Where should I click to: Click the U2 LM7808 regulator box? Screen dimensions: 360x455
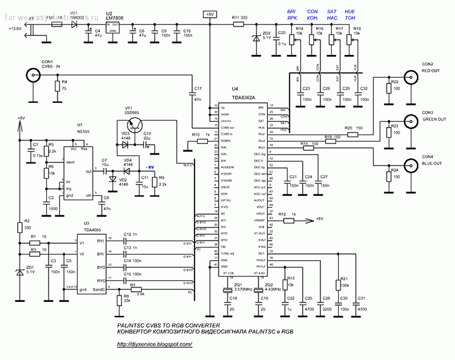[x=114, y=27]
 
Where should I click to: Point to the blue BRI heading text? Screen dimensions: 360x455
[x=291, y=11]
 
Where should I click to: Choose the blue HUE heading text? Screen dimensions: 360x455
[x=350, y=11]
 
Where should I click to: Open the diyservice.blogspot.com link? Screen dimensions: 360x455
[x=154, y=345]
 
